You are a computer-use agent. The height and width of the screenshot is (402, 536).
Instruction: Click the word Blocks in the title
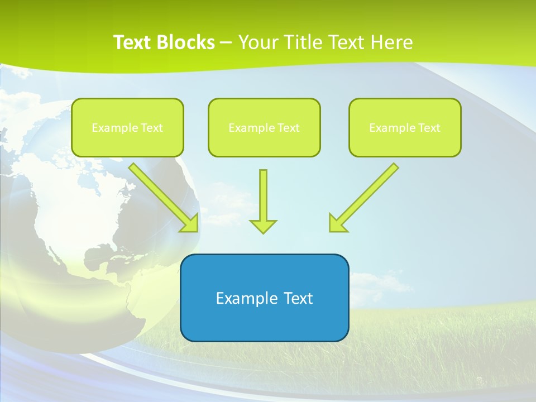[x=186, y=42]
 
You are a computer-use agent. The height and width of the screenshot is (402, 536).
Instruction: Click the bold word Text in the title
[x=134, y=42]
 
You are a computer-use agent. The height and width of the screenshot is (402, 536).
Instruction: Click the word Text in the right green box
[x=429, y=128]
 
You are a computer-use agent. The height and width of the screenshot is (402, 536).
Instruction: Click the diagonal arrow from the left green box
[x=162, y=196]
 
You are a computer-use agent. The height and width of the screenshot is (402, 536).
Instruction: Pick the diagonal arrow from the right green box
[x=366, y=196]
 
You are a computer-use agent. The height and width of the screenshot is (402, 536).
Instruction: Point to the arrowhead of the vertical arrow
[x=263, y=226]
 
